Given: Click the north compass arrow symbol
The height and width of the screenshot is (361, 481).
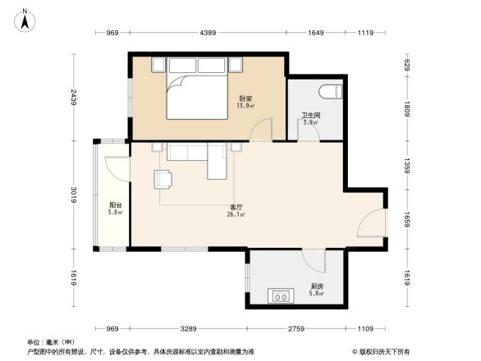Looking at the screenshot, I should tap(25, 19).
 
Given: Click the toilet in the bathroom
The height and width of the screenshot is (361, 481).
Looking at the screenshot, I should tap(332, 89).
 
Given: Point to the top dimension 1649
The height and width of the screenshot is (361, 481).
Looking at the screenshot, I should tap(316, 33).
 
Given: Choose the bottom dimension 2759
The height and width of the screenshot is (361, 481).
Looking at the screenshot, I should tap(297, 329).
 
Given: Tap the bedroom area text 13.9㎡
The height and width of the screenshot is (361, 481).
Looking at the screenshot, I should tap(245, 107).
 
